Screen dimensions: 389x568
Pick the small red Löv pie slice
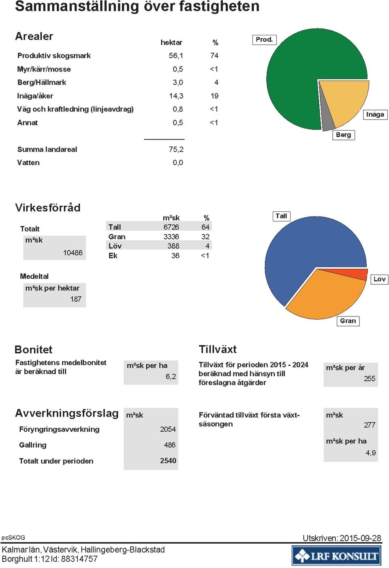(x=355, y=274)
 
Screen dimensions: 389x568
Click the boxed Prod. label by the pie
(x=264, y=40)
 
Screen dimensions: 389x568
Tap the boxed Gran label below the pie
(x=348, y=321)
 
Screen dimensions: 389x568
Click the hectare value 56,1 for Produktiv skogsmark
(x=176, y=56)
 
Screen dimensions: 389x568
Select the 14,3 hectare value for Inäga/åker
(x=176, y=96)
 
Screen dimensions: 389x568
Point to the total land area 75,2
(x=176, y=149)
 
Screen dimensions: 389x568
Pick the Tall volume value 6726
(x=171, y=227)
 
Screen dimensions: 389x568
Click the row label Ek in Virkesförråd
(x=113, y=256)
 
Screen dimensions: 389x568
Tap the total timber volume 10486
(x=73, y=252)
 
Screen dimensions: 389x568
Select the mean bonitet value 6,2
(x=171, y=377)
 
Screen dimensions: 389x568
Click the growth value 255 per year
(x=370, y=379)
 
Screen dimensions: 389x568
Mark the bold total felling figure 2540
(x=168, y=460)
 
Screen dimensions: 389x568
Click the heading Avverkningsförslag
(x=67, y=413)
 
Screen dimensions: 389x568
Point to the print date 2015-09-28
(x=360, y=538)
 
